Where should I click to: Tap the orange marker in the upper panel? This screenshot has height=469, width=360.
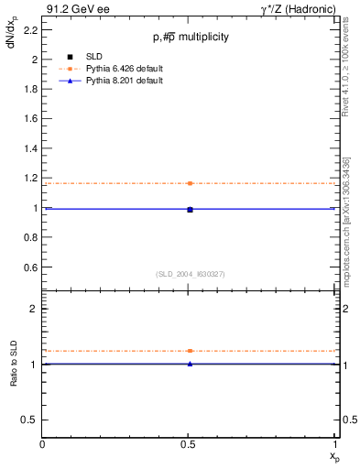pos(190,183)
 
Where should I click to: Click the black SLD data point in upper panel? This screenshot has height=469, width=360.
pos(190,210)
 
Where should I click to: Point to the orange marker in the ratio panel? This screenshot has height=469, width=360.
pos(190,351)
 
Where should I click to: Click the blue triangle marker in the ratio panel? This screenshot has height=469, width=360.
pos(190,364)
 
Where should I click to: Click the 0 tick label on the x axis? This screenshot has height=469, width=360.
pos(43,445)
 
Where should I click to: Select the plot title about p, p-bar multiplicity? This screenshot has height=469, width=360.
pos(190,38)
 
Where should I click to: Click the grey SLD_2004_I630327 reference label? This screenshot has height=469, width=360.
pos(190,274)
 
